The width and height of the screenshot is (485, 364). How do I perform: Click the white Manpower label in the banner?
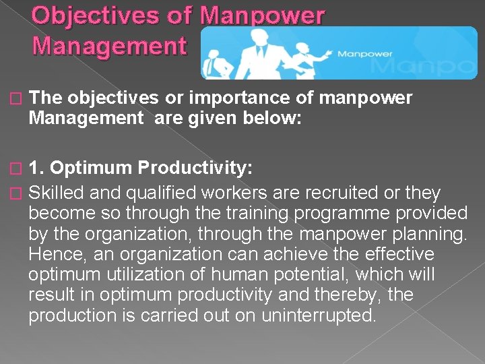coord(364,53)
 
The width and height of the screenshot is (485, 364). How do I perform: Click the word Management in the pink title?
coord(108,47)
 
